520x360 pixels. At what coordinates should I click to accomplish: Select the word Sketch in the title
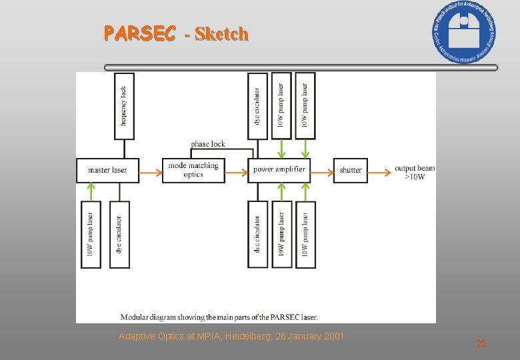tap(221, 33)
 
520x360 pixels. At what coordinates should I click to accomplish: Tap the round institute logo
tap(464, 31)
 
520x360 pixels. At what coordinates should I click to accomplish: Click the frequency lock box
tap(124, 106)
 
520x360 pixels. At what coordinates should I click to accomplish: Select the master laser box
tap(107, 170)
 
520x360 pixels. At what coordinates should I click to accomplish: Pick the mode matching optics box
tap(193, 170)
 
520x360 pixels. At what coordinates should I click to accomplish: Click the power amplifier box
tap(279, 170)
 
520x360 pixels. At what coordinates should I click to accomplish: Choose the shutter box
tap(351, 170)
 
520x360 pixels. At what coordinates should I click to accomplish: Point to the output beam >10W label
tap(414, 172)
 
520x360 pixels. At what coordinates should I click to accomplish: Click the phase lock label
tap(208, 143)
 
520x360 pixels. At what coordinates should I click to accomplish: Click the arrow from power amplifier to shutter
tap(322, 173)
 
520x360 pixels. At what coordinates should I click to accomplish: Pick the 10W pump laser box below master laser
tap(91, 235)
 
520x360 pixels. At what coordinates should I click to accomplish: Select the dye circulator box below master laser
tap(119, 235)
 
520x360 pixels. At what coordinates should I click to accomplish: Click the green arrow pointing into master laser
tap(91, 192)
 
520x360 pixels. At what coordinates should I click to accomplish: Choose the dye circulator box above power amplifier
tap(257, 106)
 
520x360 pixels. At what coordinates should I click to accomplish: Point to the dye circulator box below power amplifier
tap(257, 235)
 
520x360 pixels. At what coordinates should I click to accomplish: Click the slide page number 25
tap(481, 343)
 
